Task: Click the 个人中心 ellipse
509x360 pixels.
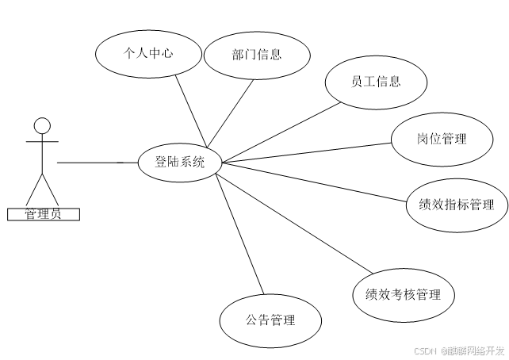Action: point(147,54)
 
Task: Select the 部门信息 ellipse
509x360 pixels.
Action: point(255,55)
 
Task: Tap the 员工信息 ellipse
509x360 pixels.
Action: point(376,82)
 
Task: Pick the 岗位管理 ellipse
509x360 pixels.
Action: point(442,140)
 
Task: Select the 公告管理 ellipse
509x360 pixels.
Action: point(270,321)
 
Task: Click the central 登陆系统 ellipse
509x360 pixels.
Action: point(179,163)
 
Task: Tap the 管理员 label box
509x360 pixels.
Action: point(43,213)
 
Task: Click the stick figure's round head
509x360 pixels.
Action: point(42,124)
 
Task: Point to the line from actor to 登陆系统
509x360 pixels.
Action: point(95,163)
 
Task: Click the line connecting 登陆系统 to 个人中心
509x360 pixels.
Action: point(191,110)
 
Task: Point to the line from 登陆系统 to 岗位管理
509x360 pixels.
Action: point(309,152)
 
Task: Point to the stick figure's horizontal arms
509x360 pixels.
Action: point(42,142)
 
